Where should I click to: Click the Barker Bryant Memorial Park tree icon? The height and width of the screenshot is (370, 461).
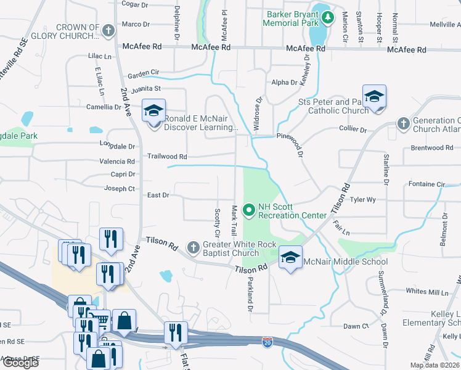(x=328, y=17)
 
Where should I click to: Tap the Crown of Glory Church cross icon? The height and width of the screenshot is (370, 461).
(x=108, y=30)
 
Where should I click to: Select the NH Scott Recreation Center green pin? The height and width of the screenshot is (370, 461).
(x=249, y=210)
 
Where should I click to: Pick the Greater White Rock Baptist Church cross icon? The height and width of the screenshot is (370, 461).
(x=193, y=248)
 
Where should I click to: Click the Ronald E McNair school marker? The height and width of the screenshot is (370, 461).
(x=153, y=111)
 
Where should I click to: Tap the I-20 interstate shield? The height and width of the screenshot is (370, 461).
(x=267, y=340)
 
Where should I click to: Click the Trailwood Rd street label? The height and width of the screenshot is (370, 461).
(x=166, y=157)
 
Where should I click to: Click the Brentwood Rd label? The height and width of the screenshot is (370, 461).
(x=431, y=148)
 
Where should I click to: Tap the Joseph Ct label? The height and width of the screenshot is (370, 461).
(x=119, y=189)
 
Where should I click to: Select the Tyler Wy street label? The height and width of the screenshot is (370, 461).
(x=362, y=200)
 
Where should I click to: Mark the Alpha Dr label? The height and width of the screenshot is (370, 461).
(x=284, y=82)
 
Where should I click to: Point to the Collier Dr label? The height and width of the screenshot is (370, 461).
(x=353, y=130)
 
